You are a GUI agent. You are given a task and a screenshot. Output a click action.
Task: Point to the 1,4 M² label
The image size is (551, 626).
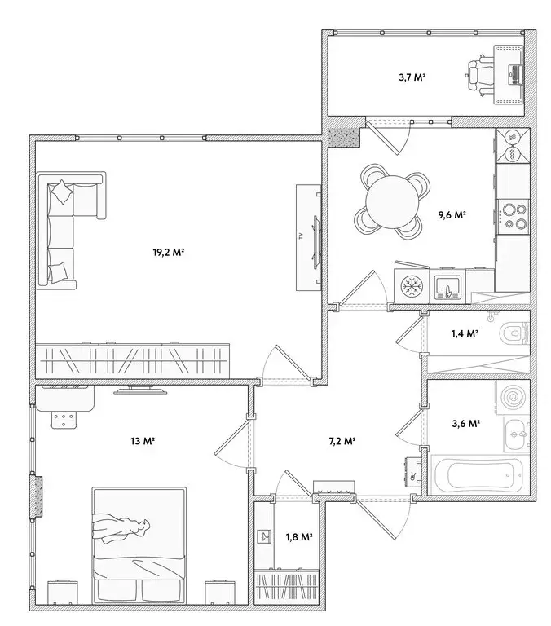[465, 333]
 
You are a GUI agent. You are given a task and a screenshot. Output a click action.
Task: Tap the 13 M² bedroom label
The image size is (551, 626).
[143, 441]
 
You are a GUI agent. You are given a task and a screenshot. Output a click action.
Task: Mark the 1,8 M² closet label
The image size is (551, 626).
[299, 536]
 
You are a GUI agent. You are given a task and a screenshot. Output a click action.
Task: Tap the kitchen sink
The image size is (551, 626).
[446, 286]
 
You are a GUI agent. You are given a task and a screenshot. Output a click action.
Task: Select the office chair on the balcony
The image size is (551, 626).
[478, 73]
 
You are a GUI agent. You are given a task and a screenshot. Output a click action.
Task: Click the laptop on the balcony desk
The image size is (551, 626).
[514, 74]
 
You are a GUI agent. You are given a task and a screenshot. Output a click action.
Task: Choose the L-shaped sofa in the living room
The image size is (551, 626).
[66, 228]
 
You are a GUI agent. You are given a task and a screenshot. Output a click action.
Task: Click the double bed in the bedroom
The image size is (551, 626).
[139, 542]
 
